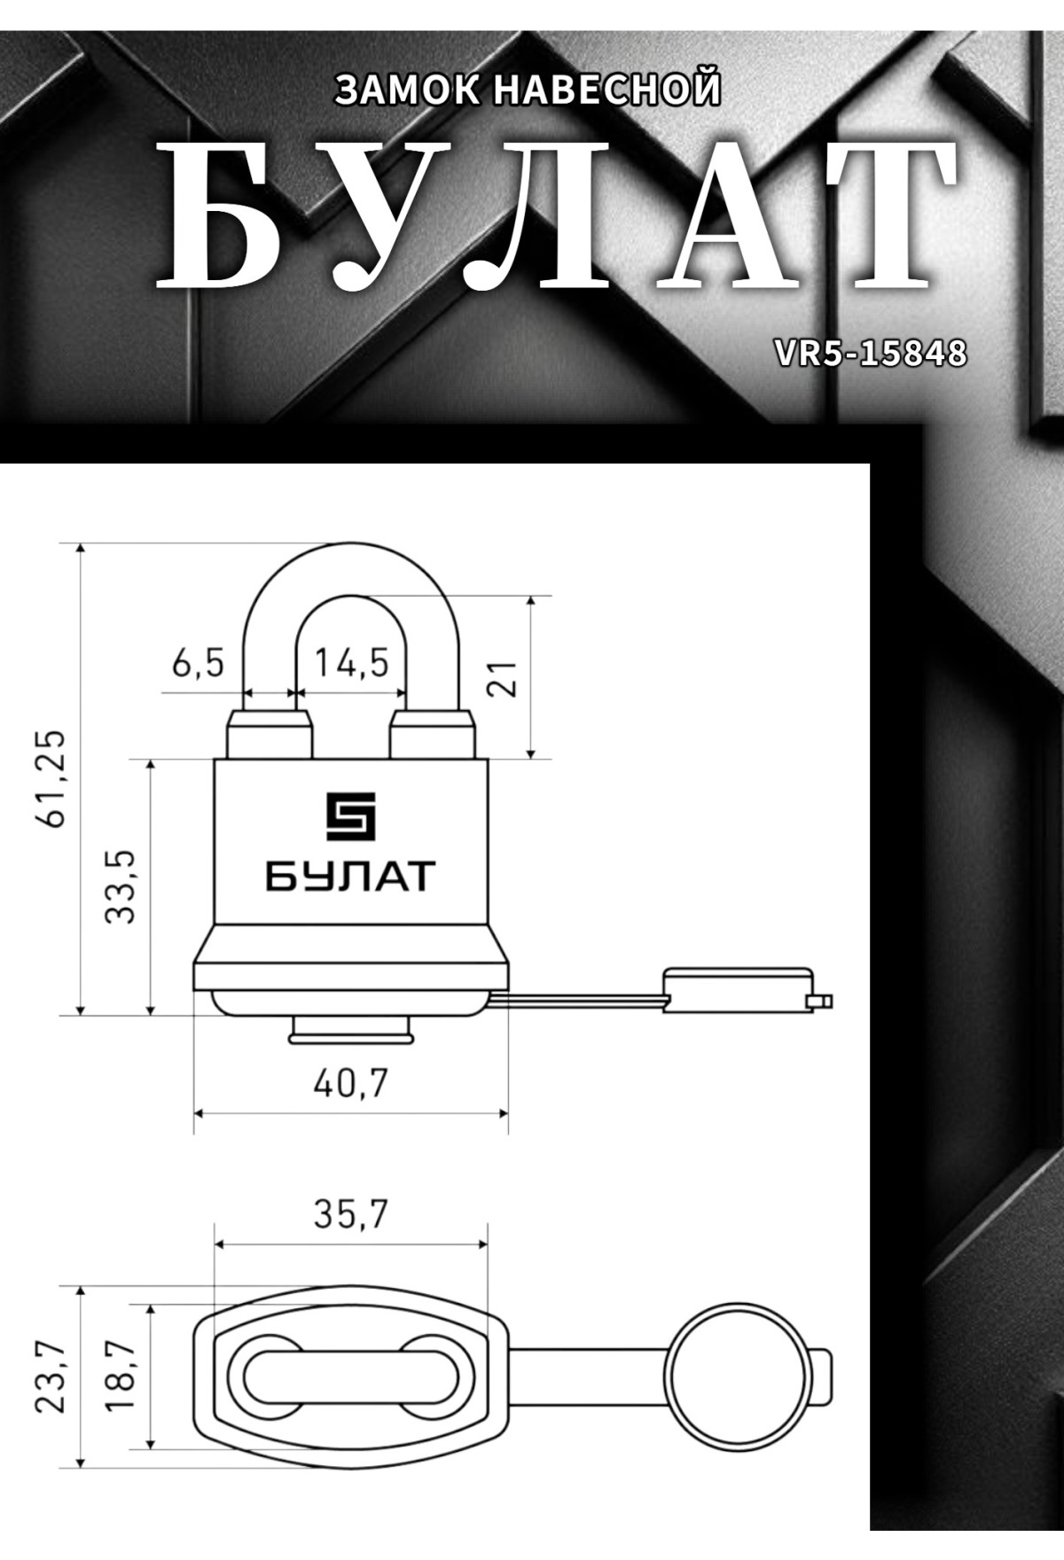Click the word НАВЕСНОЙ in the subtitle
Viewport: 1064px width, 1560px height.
[606, 90]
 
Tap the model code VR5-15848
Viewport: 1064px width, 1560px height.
[870, 354]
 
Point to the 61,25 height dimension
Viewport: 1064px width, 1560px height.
[55, 778]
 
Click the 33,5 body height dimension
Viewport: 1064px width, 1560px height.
[121, 886]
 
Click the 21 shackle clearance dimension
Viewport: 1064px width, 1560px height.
[503, 678]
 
